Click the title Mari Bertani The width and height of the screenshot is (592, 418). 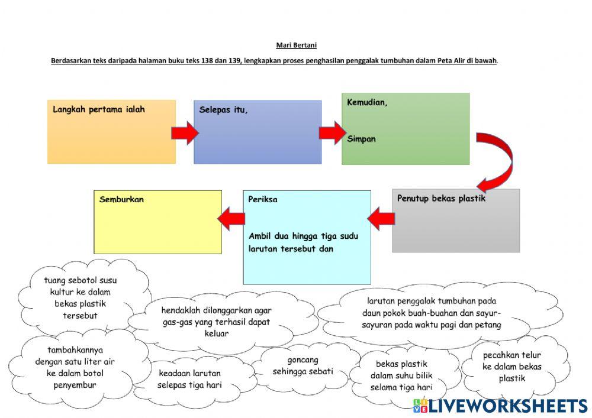297,46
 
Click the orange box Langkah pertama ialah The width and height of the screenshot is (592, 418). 111,131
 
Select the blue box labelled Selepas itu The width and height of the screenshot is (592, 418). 258,132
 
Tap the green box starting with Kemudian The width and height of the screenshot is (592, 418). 406,129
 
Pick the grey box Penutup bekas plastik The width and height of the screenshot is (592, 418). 456,221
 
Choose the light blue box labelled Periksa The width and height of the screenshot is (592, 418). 307,237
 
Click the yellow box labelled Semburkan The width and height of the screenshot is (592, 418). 158,222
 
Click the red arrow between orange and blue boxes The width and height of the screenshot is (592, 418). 185,132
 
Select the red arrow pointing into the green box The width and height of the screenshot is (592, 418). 332,132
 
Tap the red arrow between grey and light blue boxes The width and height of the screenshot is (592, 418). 381,219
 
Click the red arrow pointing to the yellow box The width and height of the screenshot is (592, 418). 231,219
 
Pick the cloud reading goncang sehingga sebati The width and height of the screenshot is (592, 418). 303,366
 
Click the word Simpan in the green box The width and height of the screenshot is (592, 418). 361,139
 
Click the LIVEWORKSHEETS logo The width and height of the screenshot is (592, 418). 500,406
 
